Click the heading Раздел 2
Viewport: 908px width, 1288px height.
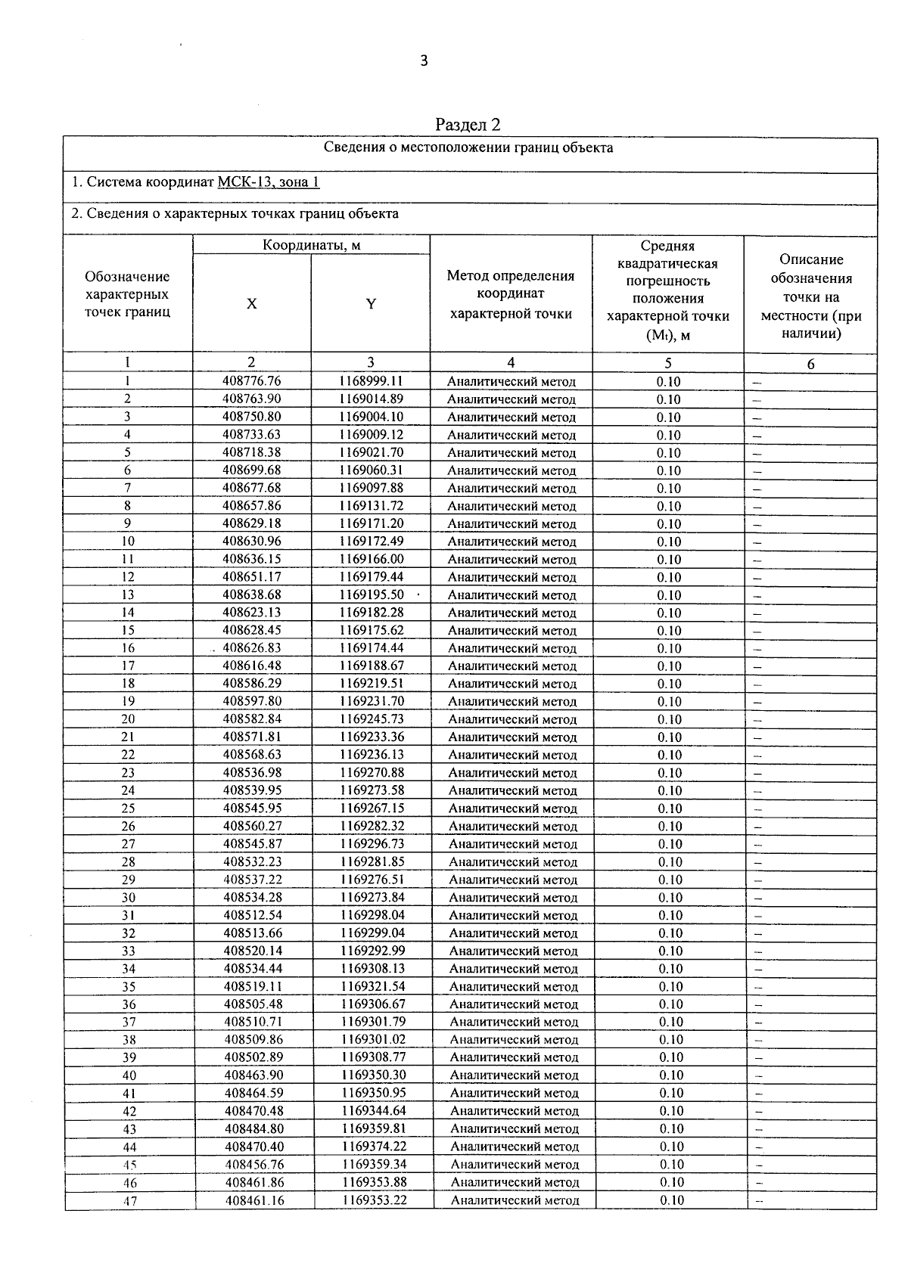[x=468, y=125]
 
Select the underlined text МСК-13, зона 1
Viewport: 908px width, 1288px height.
[x=269, y=182]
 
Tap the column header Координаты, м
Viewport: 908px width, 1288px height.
[x=311, y=245]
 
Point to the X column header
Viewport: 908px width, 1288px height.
[x=251, y=304]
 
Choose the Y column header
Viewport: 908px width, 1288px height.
[x=371, y=304]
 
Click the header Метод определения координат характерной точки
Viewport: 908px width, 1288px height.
[x=511, y=295]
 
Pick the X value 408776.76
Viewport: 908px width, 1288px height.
[x=252, y=381]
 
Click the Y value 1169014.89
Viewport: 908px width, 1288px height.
[x=371, y=399]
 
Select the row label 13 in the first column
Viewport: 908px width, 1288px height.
[x=128, y=595]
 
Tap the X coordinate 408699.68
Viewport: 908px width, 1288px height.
[x=252, y=470]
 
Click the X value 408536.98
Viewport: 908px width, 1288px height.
[x=253, y=773]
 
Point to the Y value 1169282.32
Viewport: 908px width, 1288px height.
[x=372, y=827]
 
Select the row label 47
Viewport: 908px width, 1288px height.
[x=129, y=1201]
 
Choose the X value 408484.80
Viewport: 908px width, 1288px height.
[x=254, y=1129]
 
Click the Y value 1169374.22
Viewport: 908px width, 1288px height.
[x=374, y=1147]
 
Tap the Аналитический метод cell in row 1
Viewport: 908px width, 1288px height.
[x=512, y=382]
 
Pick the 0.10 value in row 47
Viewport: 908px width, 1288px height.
[x=671, y=1200]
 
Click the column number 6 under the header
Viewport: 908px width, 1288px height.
[x=810, y=364]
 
